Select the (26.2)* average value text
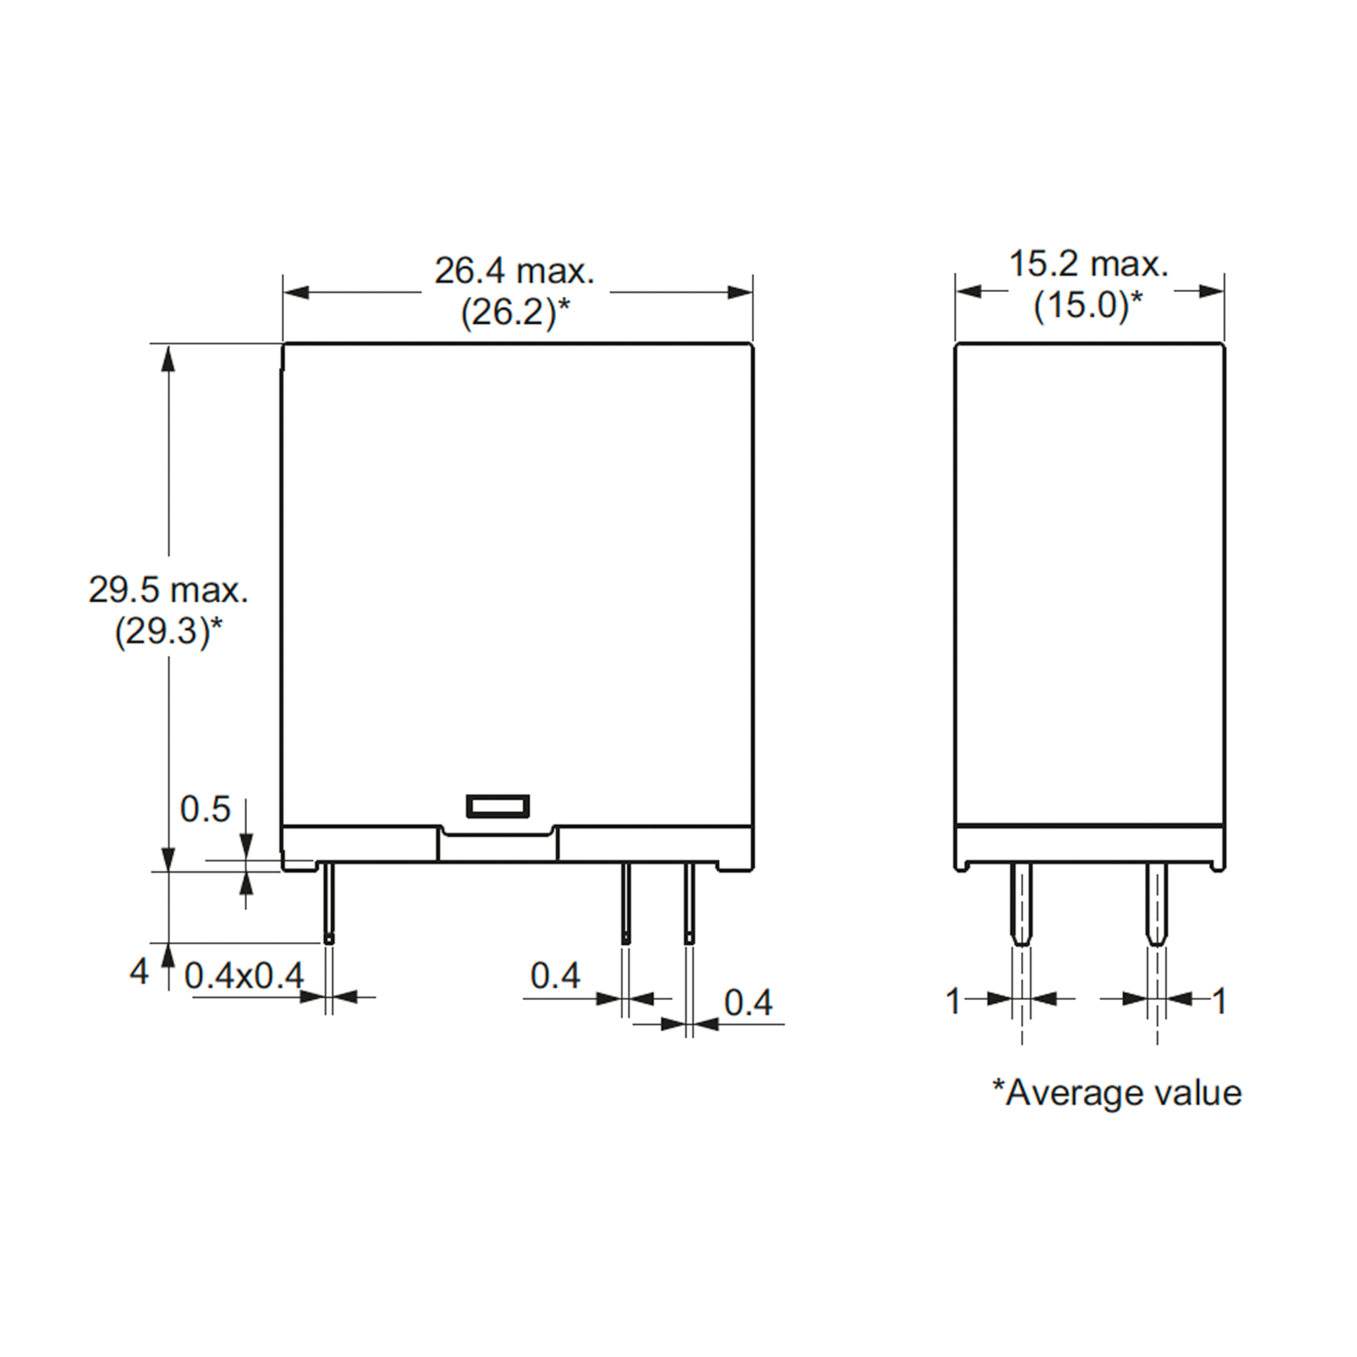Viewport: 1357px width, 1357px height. (x=516, y=312)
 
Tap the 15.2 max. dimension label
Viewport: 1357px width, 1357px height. (x=1088, y=264)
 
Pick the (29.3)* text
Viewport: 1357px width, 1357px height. (x=168, y=632)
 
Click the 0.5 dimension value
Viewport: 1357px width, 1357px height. (x=205, y=809)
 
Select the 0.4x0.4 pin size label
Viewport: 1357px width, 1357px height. (x=244, y=975)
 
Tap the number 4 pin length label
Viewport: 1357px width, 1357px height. (x=139, y=971)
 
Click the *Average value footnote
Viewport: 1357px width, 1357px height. (x=1117, y=1092)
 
